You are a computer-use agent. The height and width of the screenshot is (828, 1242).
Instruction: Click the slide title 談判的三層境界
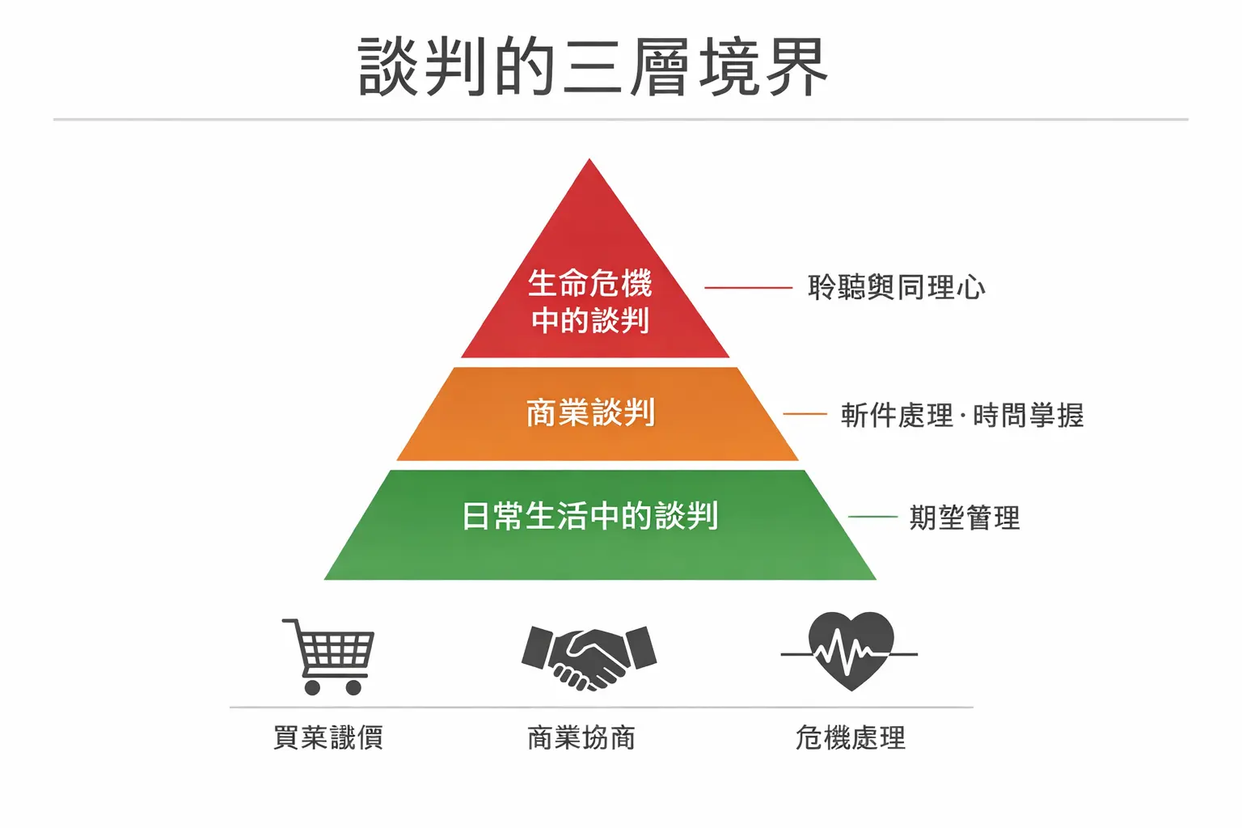coord(593,67)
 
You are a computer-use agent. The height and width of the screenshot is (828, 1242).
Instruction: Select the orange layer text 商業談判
coord(590,412)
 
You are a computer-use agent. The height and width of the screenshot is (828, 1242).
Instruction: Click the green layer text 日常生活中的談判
coord(590,516)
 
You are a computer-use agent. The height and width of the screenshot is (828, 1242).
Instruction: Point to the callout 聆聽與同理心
coord(897,287)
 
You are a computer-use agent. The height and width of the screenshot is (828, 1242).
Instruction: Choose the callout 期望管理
coord(965,517)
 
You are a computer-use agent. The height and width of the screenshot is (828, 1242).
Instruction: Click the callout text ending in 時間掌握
coord(962,415)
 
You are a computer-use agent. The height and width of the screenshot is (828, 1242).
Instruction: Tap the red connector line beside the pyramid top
coord(749,288)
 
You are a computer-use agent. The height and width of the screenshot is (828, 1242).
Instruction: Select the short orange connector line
coord(805,414)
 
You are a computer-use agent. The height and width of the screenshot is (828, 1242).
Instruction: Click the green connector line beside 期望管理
coord(872,517)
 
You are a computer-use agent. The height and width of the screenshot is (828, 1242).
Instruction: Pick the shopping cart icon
coord(328,657)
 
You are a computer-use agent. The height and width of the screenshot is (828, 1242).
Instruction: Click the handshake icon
coord(589,658)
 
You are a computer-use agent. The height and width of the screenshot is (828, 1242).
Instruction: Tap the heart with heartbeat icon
coord(850,652)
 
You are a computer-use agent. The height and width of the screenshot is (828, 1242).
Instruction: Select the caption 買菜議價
coord(328,737)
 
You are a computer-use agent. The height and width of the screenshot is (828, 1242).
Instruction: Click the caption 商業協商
coord(581,737)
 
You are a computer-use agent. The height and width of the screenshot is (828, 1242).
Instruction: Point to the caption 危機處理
coord(851,737)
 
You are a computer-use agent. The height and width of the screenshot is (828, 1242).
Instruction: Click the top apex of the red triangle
coord(589,159)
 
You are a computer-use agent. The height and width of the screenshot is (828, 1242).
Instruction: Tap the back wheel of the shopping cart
coord(312,687)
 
